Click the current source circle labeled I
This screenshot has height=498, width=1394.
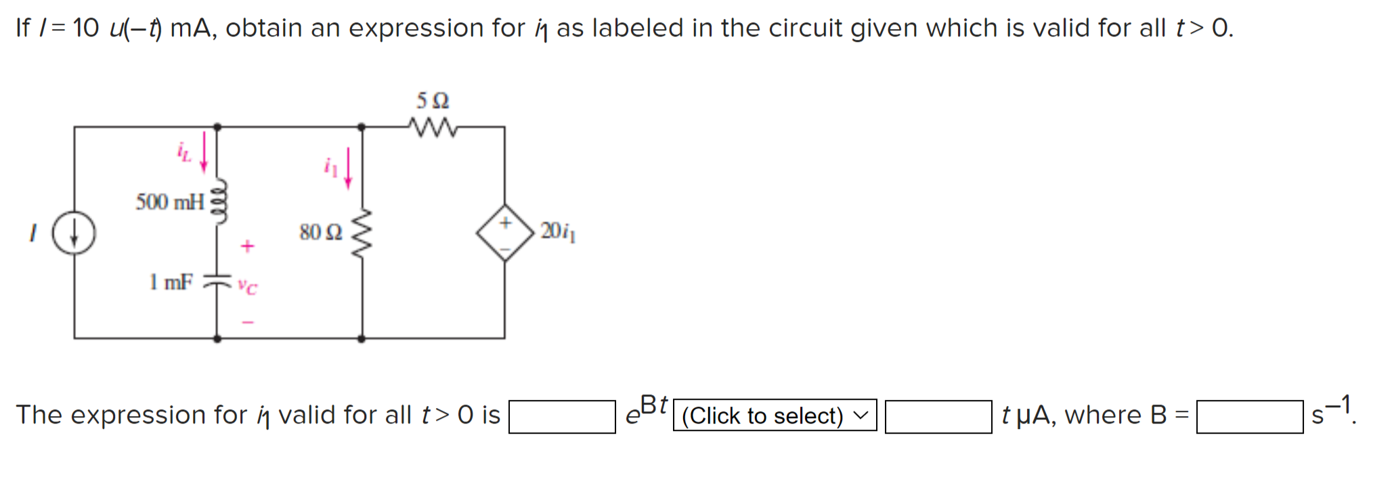tap(74, 233)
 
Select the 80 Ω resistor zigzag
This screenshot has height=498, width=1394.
tap(362, 233)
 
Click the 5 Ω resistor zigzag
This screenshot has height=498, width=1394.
tap(433, 127)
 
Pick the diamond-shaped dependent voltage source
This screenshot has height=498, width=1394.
tap(505, 233)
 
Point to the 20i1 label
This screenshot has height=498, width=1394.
tap(558, 231)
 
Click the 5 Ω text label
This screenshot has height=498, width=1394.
tap(433, 101)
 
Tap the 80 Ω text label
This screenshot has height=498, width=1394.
tap(321, 232)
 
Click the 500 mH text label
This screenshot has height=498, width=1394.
tap(170, 202)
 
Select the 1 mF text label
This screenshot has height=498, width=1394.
tap(171, 281)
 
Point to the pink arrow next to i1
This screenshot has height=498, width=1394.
tap(348, 168)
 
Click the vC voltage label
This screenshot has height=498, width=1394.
tap(247, 287)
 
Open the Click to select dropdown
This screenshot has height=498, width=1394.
tap(775, 415)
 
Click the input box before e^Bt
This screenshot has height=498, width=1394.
tap(562, 417)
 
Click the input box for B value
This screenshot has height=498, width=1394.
tap(1249, 417)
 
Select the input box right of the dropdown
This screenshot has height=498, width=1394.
tap(938, 417)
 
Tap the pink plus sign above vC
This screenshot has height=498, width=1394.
tap(247, 246)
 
